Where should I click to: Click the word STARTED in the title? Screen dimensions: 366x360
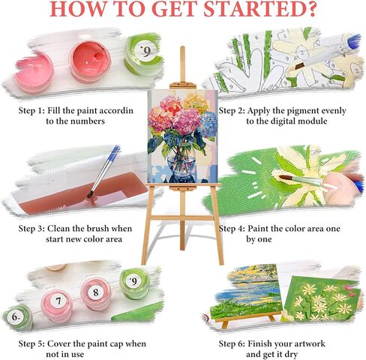point(259,10)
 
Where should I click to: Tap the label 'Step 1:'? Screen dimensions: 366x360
point(31,111)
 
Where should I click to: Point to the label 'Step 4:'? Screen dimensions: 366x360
point(232,229)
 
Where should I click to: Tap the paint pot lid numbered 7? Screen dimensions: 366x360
point(58,301)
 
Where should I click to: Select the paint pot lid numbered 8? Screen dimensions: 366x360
point(95,292)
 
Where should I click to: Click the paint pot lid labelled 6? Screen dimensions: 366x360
point(16,316)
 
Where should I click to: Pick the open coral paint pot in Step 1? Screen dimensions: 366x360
point(90,61)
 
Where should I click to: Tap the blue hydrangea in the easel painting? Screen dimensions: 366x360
point(208,124)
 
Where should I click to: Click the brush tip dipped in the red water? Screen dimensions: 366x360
point(90,194)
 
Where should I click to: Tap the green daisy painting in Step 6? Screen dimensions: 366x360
point(322,301)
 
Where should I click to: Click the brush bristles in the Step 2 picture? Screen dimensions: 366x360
point(299,66)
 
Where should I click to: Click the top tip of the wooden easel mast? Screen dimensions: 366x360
point(182,47)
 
